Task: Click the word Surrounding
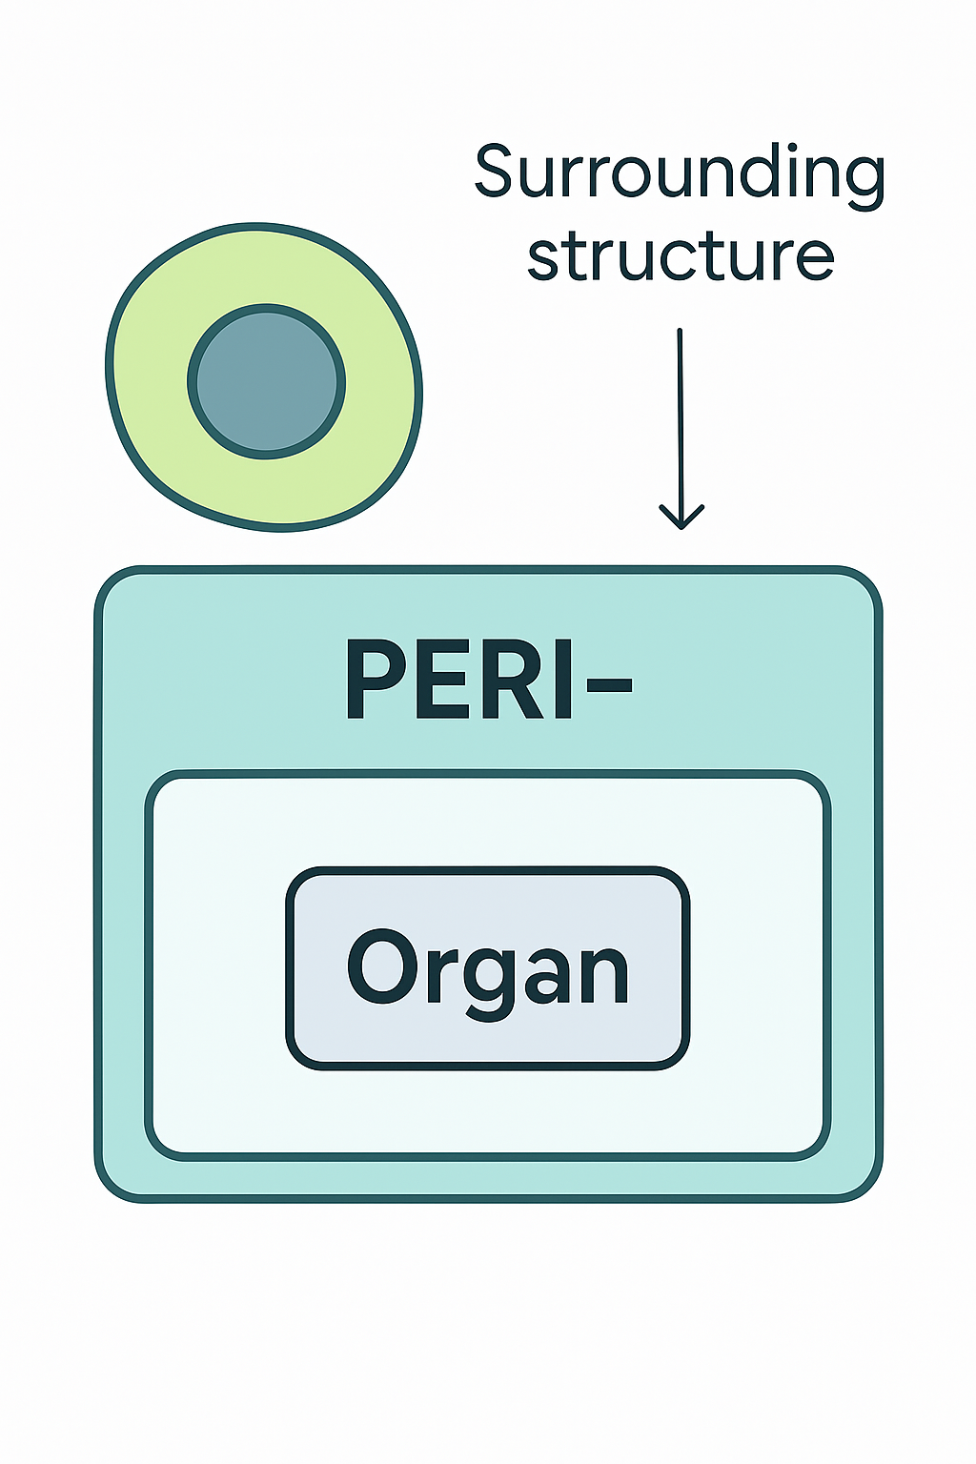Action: pyautogui.click(x=679, y=173)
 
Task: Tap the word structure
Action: pyautogui.click(x=681, y=255)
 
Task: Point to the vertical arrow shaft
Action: pyautogui.click(x=681, y=419)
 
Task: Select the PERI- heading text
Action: pyautogui.click(x=486, y=679)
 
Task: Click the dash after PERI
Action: pyautogui.click(x=604, y=682)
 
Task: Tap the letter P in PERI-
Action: pyautogui.click(x=375, y=679)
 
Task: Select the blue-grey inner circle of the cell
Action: pyautogui.click(x=267, y=382)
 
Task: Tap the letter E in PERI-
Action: pyautogui.click(x=444, y=679)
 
